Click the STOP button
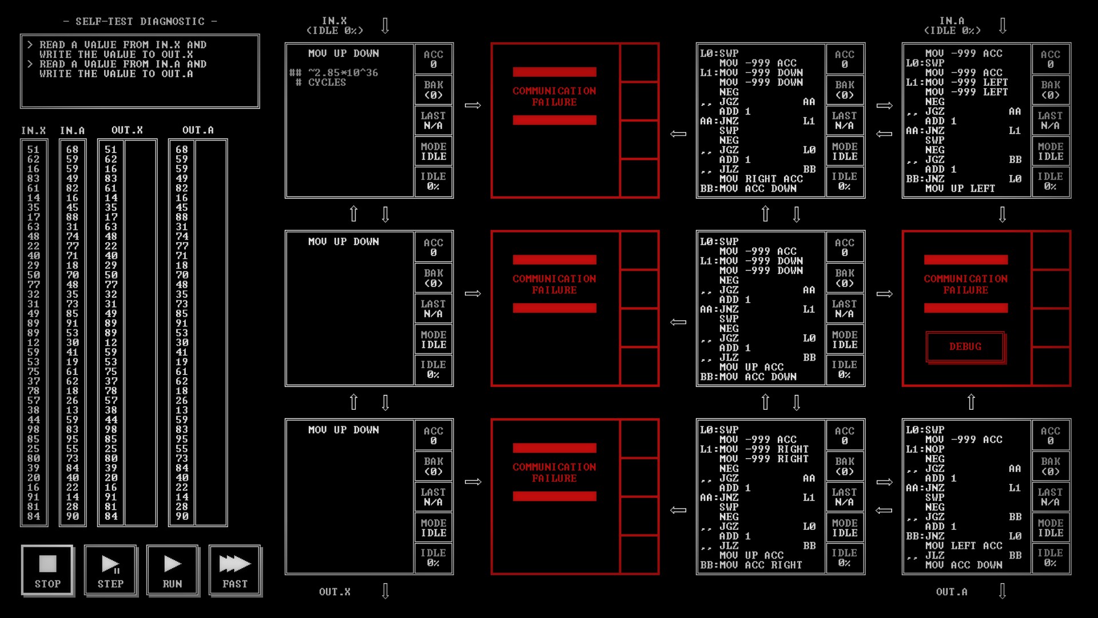(x=47, y=571)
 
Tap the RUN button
(x=172, y=571)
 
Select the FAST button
(x=235, y=571)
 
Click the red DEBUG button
(x=965, y=347)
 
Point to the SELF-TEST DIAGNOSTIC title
(x=140, y=22)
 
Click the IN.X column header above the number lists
(x=34, y=130)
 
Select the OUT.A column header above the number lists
(x=198, y=130)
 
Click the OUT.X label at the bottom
(x=335, y=592)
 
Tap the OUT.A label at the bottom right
(x=952, y=592)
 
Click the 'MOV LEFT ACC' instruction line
(x=964, y=546)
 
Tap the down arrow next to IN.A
(x=1002, y=26)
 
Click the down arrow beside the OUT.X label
(x=385, y=591)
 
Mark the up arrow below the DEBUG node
(x=971, y=402)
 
